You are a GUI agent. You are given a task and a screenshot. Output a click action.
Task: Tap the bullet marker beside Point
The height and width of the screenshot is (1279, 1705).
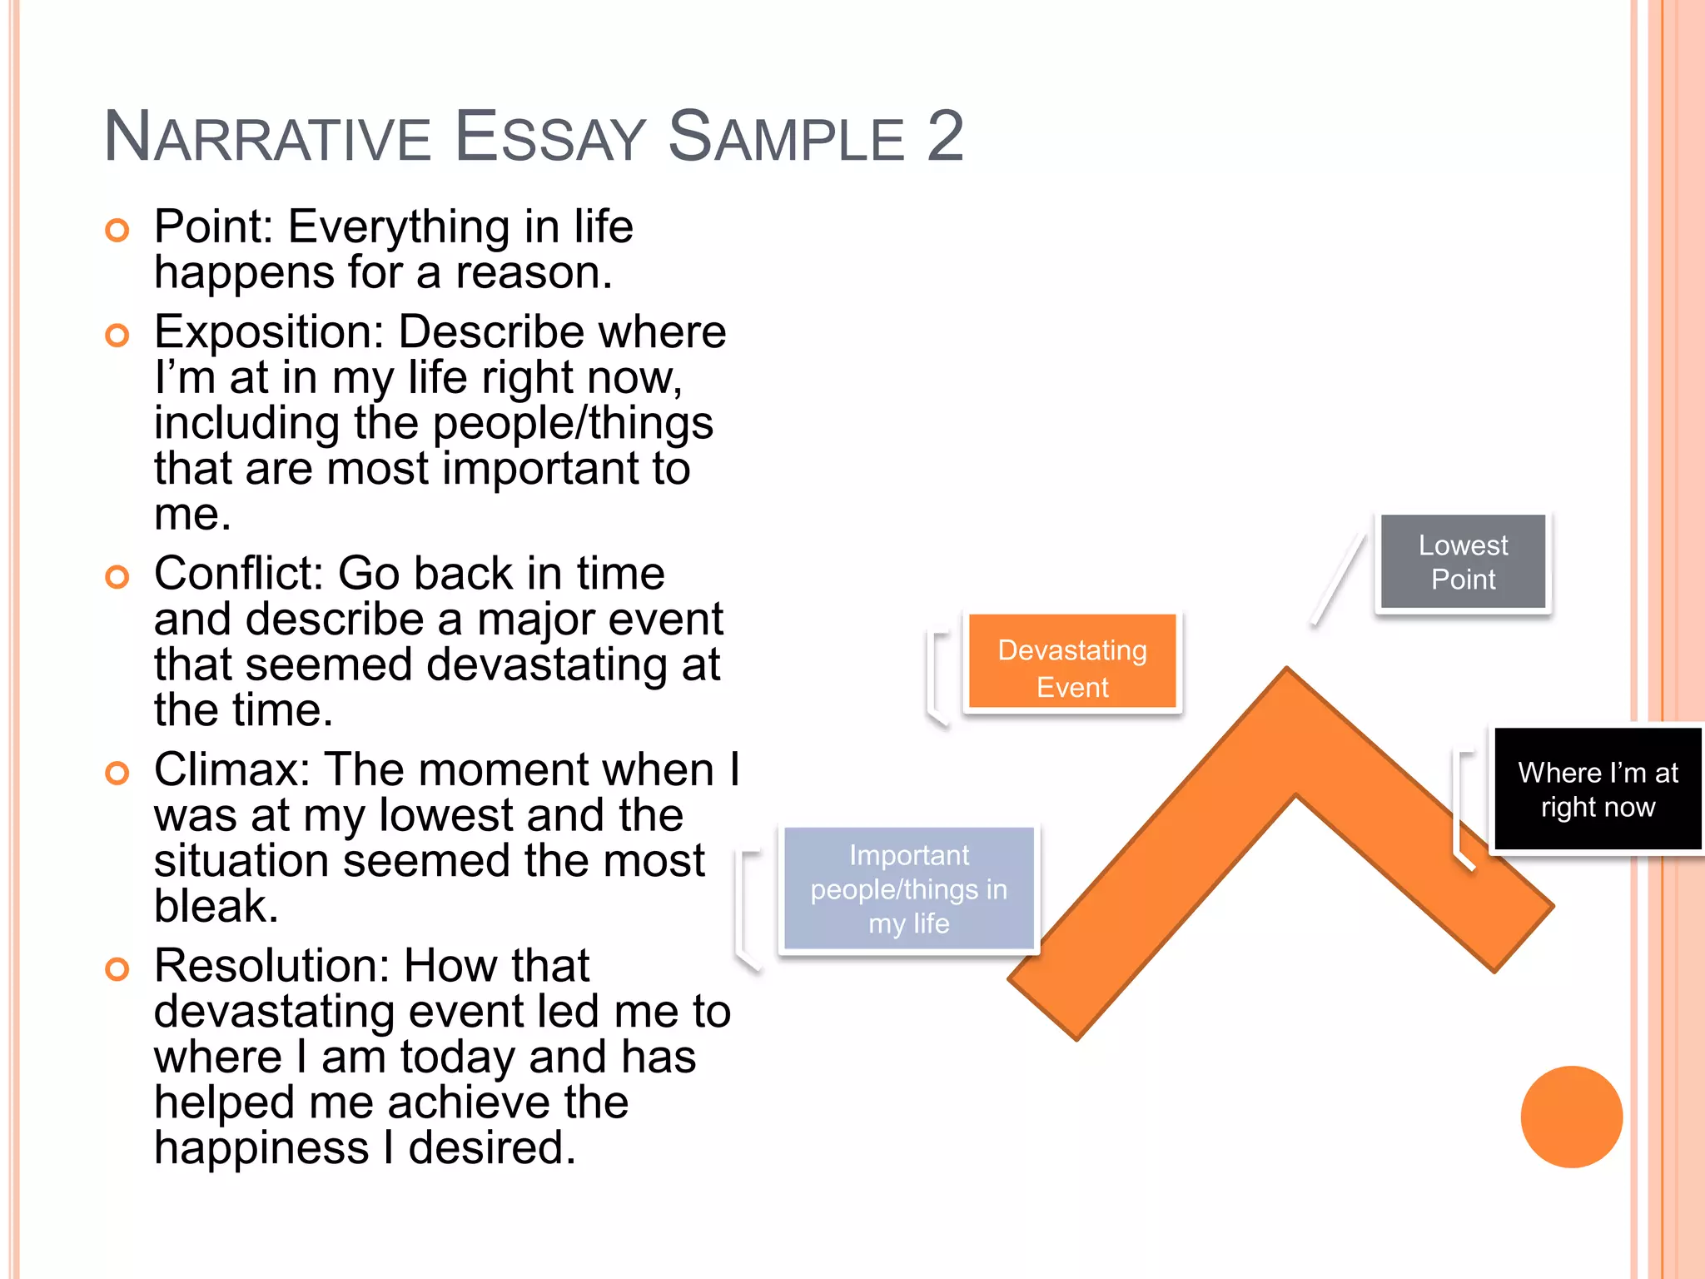click(117, 230)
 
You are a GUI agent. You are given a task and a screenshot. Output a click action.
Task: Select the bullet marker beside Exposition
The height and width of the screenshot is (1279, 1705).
click(117, 336)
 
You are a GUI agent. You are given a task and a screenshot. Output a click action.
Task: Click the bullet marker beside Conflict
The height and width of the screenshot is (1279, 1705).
click(117, 576)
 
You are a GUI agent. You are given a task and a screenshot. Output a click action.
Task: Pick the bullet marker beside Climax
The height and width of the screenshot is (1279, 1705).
click(117, 773)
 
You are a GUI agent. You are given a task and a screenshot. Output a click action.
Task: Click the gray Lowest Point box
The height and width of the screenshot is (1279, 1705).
click(1463, 562)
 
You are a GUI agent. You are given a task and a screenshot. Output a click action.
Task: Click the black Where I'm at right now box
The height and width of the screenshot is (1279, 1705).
click(1597, 789)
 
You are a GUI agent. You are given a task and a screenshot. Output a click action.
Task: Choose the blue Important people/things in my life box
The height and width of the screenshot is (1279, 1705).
click(908, 888)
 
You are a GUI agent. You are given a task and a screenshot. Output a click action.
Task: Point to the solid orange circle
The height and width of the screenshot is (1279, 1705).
click(1571, 1117)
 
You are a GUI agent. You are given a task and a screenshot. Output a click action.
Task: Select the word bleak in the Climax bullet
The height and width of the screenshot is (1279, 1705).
click(215, 905)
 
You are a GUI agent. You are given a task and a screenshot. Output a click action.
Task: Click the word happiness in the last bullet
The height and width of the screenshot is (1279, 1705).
click(261, 1148)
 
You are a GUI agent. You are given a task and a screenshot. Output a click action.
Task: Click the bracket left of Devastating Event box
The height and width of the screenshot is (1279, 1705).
click(937, 678)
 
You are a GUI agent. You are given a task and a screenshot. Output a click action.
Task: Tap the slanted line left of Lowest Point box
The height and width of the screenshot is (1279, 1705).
click(1338, 580)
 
